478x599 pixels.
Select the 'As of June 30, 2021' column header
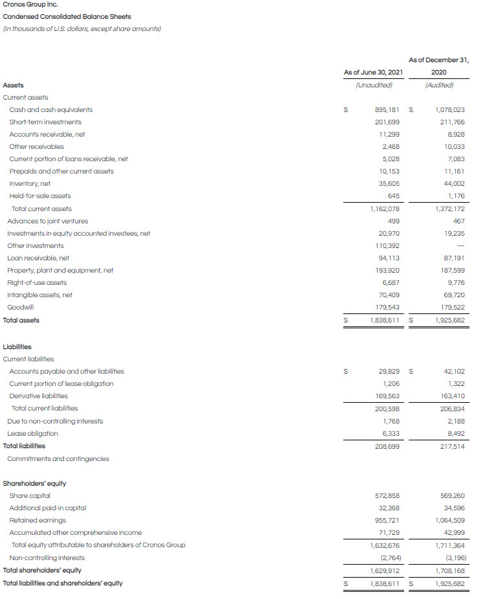pos(373,73)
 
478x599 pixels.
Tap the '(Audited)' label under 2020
pos(439,85)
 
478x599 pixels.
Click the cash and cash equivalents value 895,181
pos(387,110)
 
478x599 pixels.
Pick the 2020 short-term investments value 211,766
pos(451,122)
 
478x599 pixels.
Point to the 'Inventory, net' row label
pos(30,184)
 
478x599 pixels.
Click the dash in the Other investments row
pos(459,246)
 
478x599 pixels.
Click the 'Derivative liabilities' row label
pos(38,396)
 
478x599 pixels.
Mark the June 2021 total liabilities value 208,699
pos(387,446)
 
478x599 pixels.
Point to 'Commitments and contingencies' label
pos(58,459)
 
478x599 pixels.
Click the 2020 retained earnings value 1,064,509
pos(448,521)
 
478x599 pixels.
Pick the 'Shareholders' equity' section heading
pos(34,484)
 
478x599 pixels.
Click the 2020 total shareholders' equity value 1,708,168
pos(448,571)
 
